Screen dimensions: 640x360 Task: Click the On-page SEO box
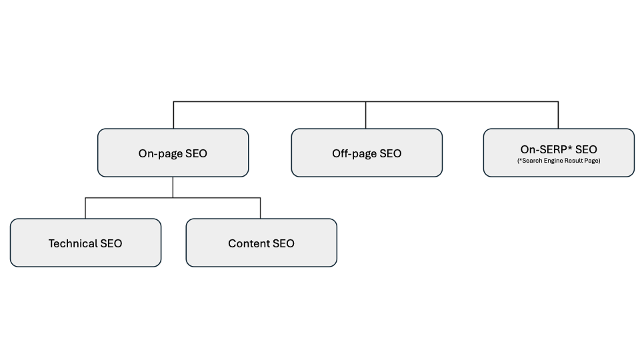tap(173, 153)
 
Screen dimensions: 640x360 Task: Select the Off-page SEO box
tap(367, 153)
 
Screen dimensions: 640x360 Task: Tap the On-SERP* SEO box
tap(559, 153)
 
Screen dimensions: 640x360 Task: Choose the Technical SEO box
tap(86, 243)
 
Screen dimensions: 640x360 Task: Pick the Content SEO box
tap(261, 243)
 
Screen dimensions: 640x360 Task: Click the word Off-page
tap(354, 153)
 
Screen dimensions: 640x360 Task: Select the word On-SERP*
tap(546, 149)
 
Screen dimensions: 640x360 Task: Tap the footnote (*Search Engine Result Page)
tap(559, 161)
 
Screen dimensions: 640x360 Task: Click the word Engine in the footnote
tap(553, 161)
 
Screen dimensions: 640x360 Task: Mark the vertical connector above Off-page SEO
tap(366, 115)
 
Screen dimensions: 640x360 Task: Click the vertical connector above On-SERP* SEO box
tap(558, 115)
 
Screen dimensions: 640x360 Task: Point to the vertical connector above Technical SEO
tap(85, 208)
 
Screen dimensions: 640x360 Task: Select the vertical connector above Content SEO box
tap(261, 208)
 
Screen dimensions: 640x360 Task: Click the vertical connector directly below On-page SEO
tap(173, 187)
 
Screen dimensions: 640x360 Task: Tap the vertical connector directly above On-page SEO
tap(173, 115)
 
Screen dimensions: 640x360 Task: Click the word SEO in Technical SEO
tap(111, 243)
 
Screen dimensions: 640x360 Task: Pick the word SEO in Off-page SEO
tap(390, 153)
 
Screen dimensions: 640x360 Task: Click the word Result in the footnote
tap(572, 161)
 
